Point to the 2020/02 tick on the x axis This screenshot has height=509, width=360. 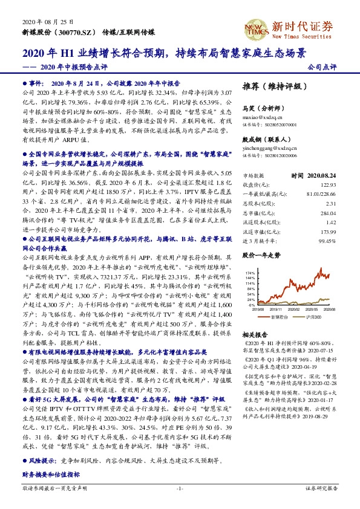pyautogui.click(x=290, y=308)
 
